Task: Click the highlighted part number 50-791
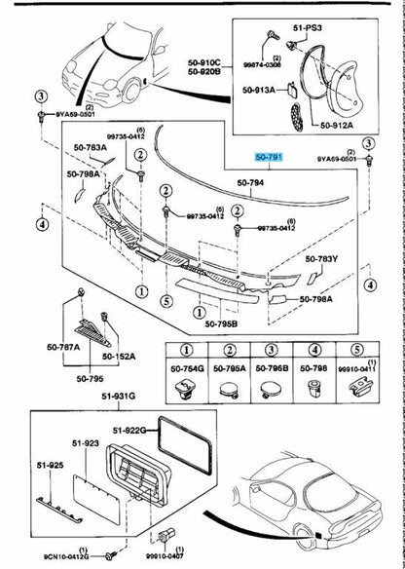click(x=269, y=156)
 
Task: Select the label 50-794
click(x=251, y=182)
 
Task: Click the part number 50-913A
click(x=258, y=90)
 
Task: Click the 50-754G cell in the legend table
click(x=187, y=368)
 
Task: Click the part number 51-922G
click(x=129, y=430)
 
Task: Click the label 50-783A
click(x=92, y=147)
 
